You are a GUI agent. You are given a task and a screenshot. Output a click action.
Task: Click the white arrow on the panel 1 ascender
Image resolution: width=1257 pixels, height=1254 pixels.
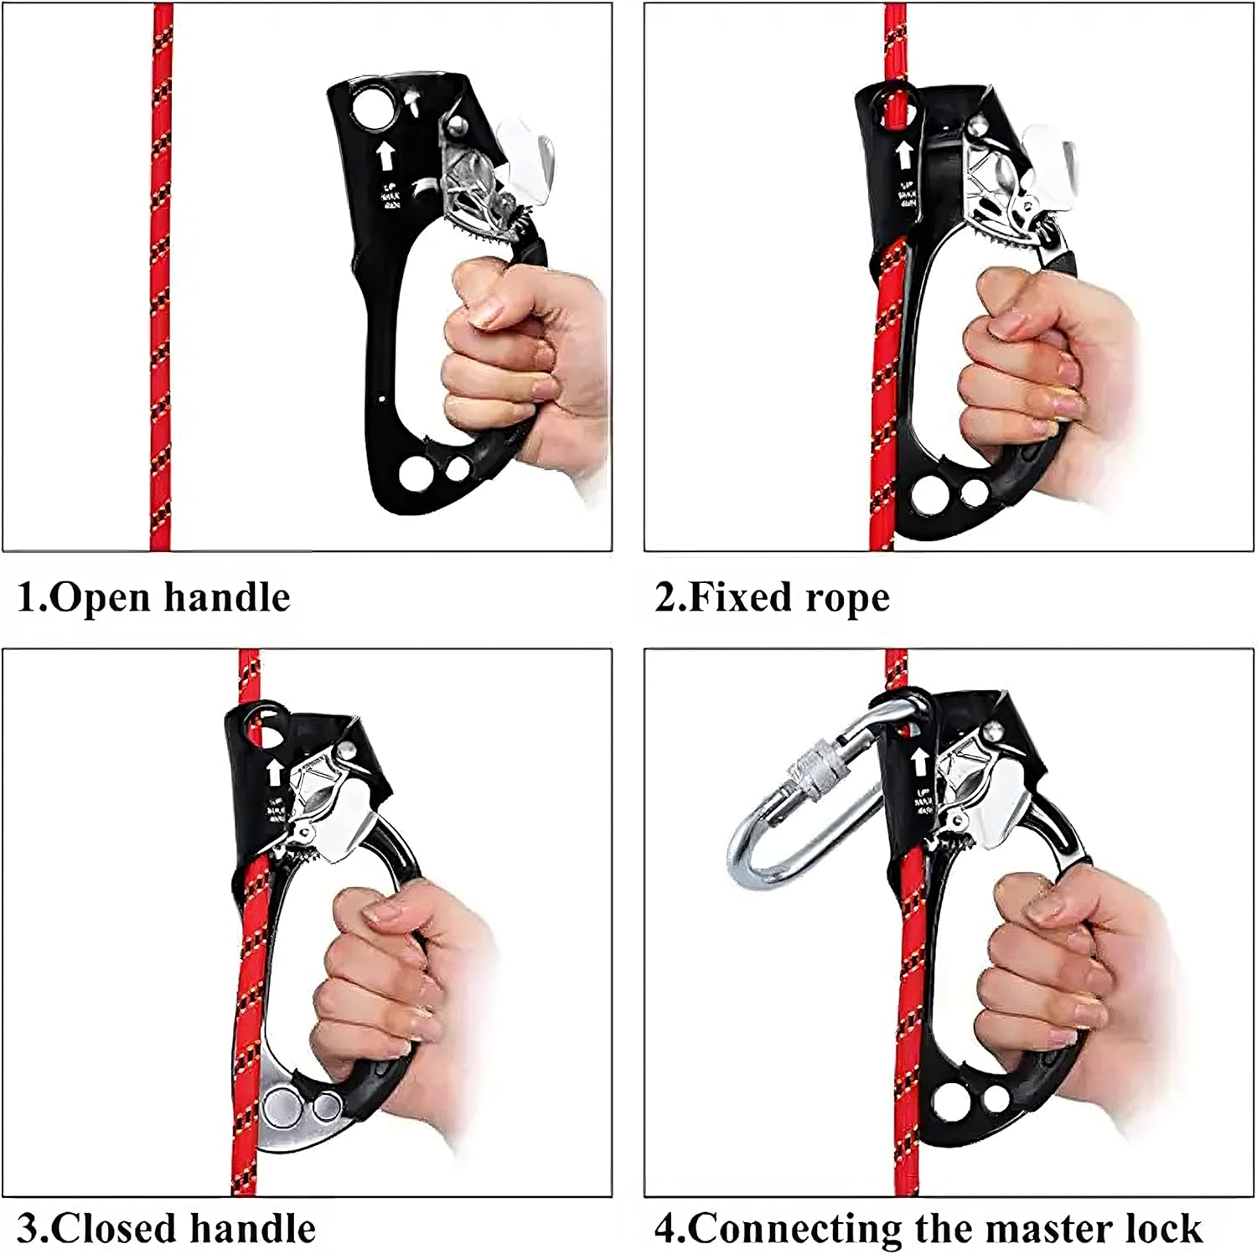[x=385, y=155]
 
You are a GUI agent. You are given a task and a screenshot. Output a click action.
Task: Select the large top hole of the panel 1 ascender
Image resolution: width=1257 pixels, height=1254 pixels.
[x=373, y=109]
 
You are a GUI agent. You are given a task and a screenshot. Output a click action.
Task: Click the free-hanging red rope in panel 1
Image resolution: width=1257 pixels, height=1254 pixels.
[x=161, y=335]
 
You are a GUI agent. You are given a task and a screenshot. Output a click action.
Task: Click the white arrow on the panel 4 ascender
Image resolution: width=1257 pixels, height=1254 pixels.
[x=919, y=761]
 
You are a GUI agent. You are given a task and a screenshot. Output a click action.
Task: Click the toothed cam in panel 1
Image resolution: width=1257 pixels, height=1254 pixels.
[x=490, y=201]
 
